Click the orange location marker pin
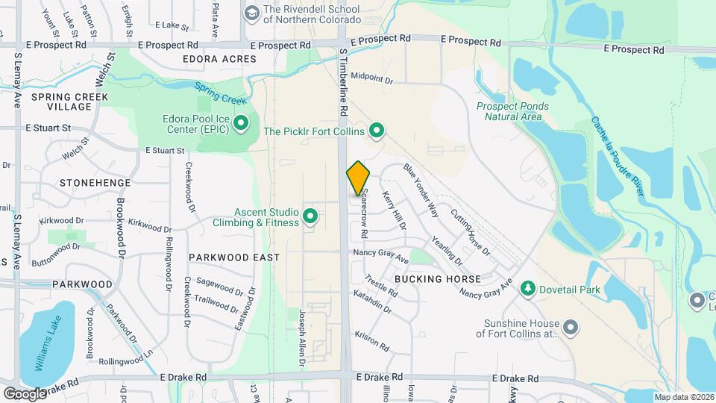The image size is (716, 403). point(358,178)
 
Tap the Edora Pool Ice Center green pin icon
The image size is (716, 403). point(241,122)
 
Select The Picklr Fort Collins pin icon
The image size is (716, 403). point(377,131)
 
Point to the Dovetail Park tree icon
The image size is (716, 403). point(528,287)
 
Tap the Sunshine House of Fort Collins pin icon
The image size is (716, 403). point(571,328)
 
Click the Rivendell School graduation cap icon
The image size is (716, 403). point(251,13)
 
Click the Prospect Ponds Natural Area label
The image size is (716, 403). point(512,111)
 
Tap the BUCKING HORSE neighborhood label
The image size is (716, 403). point(438,278)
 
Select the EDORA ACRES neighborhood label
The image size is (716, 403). point(219,59)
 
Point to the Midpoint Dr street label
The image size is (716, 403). point(371,76)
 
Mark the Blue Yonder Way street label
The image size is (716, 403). point(421,190)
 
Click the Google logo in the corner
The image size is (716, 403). point(25,393)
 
